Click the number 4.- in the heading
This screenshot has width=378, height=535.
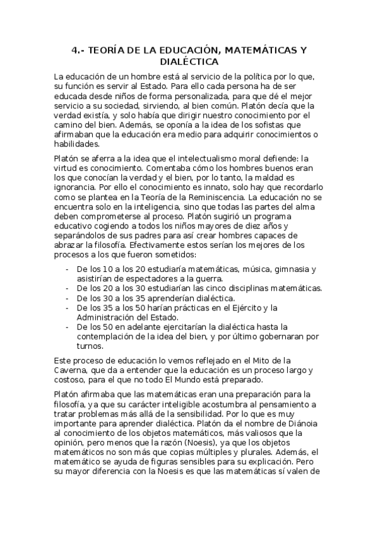78,50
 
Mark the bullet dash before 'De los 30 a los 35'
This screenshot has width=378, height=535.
68,298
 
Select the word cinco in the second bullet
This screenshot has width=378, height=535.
209,288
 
